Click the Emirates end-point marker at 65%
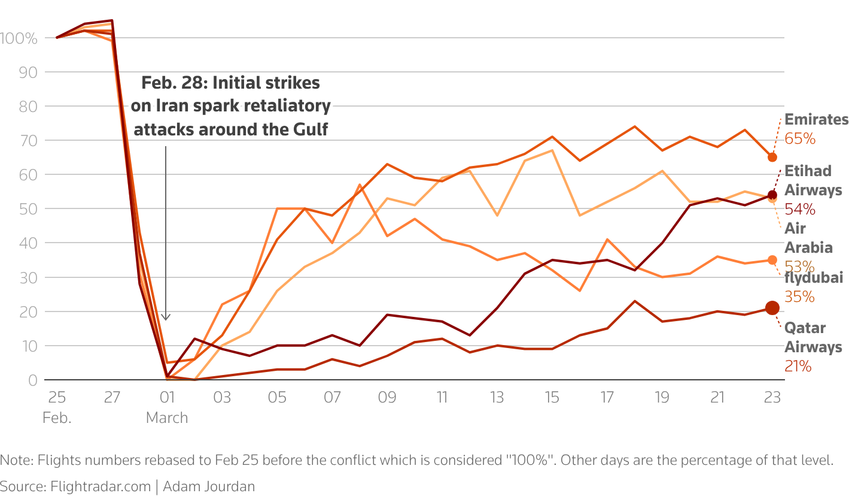click(x=772, y=157)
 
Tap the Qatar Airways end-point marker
click(x=772, y=308)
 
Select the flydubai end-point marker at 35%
click(x=772, y=260)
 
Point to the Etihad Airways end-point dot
click(x=772, y=195)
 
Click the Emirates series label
click(x=816, y=119)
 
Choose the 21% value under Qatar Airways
click(x=798, y=366)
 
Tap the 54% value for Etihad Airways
click(x=800, y=209)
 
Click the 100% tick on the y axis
click(x=20, y=38)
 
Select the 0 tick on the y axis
click(x=33, y=380)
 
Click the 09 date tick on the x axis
click(x=387, y=397)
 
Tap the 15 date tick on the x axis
click(x=552, y=397)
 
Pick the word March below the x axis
click(x=167, y=418)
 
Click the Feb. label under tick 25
click(x=57, y=418)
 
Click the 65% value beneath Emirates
click(x=800, y=138)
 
